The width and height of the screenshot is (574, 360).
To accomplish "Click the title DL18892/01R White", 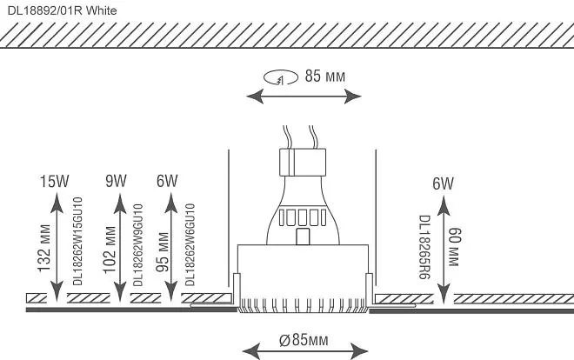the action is [x=63, y=10].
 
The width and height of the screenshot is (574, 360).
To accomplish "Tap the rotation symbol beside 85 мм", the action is [x=281, y=77].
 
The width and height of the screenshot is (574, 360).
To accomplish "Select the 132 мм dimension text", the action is [x=44, y=249].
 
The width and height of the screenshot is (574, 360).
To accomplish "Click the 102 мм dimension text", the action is [x=110, y=250].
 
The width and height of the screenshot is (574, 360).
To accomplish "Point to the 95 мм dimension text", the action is [x=163, y=252].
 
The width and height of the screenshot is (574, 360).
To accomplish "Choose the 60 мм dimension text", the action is [x=454, y=247].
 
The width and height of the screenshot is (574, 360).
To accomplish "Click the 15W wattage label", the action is [x=54, y=181].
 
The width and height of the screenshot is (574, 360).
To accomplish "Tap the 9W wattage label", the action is [x=116, y=181].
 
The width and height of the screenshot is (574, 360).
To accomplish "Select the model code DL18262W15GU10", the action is [x=78, y=241].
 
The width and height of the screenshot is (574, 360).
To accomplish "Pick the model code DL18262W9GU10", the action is [x=137, y=245].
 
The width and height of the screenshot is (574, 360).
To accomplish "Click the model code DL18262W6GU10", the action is [x=190, y=244].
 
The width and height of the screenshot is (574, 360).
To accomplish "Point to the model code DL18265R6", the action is [x=424, y=247].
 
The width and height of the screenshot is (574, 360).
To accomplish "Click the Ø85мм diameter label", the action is [x=304, y=340].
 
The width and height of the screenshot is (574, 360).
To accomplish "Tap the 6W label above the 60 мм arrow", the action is [x=443, y=183].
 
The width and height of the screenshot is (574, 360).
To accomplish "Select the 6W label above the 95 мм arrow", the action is [x=167, y=181].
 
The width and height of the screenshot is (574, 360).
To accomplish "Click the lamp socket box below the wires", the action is [x=303, y=162].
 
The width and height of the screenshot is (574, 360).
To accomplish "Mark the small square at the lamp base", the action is [x=303, y=236].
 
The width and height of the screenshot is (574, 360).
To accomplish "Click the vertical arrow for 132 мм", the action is [x=57, y=247].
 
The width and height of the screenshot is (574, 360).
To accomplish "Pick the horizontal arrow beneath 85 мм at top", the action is [x=304, y=97].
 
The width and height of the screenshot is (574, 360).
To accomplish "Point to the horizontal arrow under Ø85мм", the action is [x=305, y=351].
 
